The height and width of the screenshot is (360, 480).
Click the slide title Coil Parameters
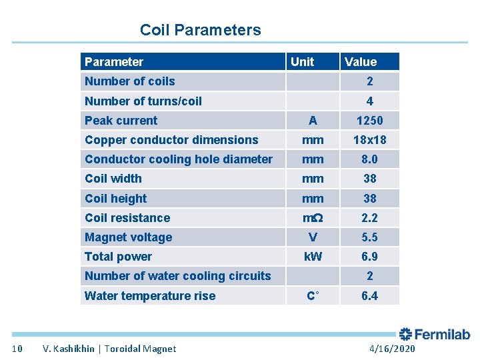pos(200,30)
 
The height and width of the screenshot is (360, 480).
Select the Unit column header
pos(302,62)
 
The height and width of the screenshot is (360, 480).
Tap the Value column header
pos(361,62)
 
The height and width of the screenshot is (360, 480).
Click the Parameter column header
pos(114,62)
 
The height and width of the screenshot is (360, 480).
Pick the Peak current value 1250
pos(369,121)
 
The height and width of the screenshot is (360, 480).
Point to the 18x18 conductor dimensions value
pos(369,140)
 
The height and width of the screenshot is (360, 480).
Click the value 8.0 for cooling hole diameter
pos(369,159)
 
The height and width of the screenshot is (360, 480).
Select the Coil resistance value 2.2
pos(369,218)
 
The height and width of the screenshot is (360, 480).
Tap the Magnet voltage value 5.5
pos(369,237)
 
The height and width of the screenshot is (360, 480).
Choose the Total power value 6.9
pos(369,257)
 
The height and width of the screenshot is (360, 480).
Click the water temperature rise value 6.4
pos(369,295)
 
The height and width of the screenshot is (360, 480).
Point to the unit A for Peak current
pos(313,121)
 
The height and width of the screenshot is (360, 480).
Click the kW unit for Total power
pos(313,257)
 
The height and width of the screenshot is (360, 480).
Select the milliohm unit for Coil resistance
pos(313,218)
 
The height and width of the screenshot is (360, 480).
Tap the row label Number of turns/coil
pos(143,101)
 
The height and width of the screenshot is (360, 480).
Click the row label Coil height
pos(115,199)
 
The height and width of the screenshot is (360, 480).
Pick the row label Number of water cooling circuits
pos(177,276)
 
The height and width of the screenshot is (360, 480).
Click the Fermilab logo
pos(435,335)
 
